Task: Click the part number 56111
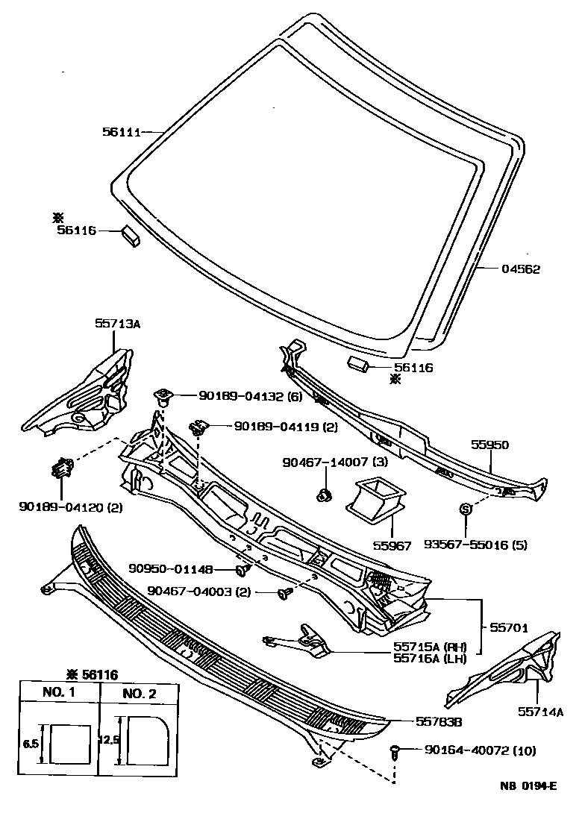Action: point(120,132)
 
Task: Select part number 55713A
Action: point(117,324)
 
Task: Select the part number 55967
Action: point(392,545)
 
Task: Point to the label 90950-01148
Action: point(169,570)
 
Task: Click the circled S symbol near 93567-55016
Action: point(463,509)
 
